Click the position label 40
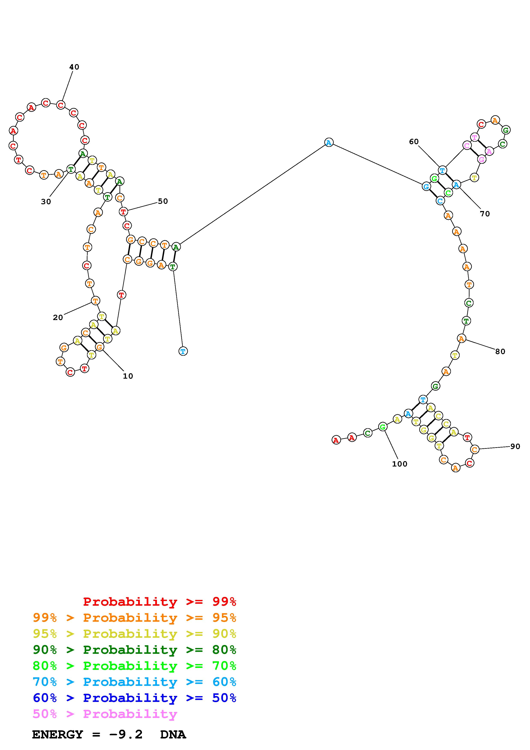point(74,67)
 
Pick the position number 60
point(414,142)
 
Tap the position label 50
point(163,201)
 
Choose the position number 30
point(46,202)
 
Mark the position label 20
point(58,317)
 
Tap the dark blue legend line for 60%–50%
point(134,698)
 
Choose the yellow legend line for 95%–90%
point(134,634)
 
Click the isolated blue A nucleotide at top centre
point(329,142)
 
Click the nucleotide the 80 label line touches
point(461,338)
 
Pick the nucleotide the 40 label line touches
point(61,105)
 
